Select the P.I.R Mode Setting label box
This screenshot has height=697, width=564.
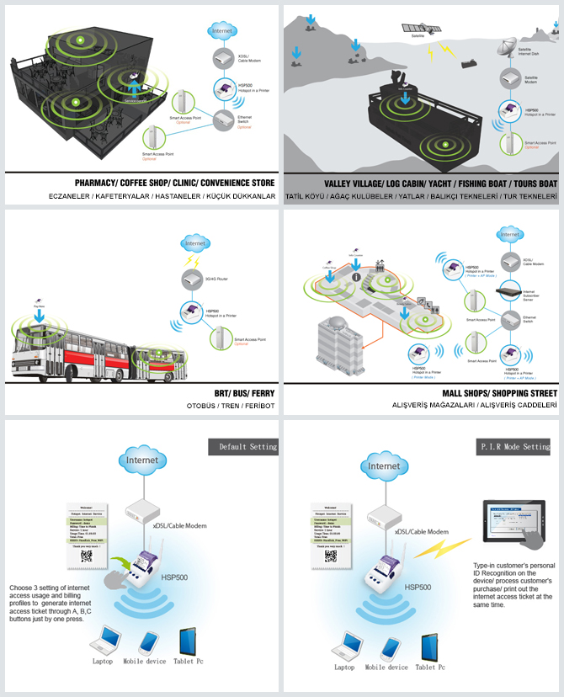click(x=513, y=446)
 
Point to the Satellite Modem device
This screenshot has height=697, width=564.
click(x=508, y=78)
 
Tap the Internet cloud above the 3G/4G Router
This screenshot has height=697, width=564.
click(x=195, y=244)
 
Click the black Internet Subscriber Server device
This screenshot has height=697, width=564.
click(x=510, y=292)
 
